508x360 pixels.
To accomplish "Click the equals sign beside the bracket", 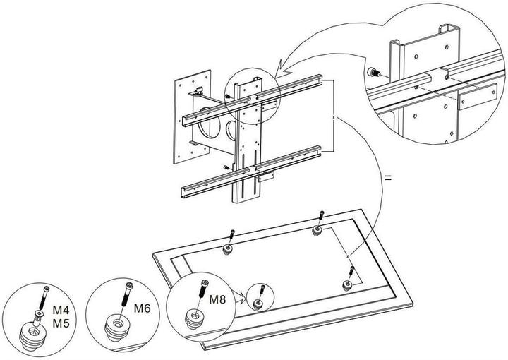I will pos(387,177).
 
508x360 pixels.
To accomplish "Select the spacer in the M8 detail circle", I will pos(193,319).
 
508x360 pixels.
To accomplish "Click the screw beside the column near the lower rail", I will pos(226,167).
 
